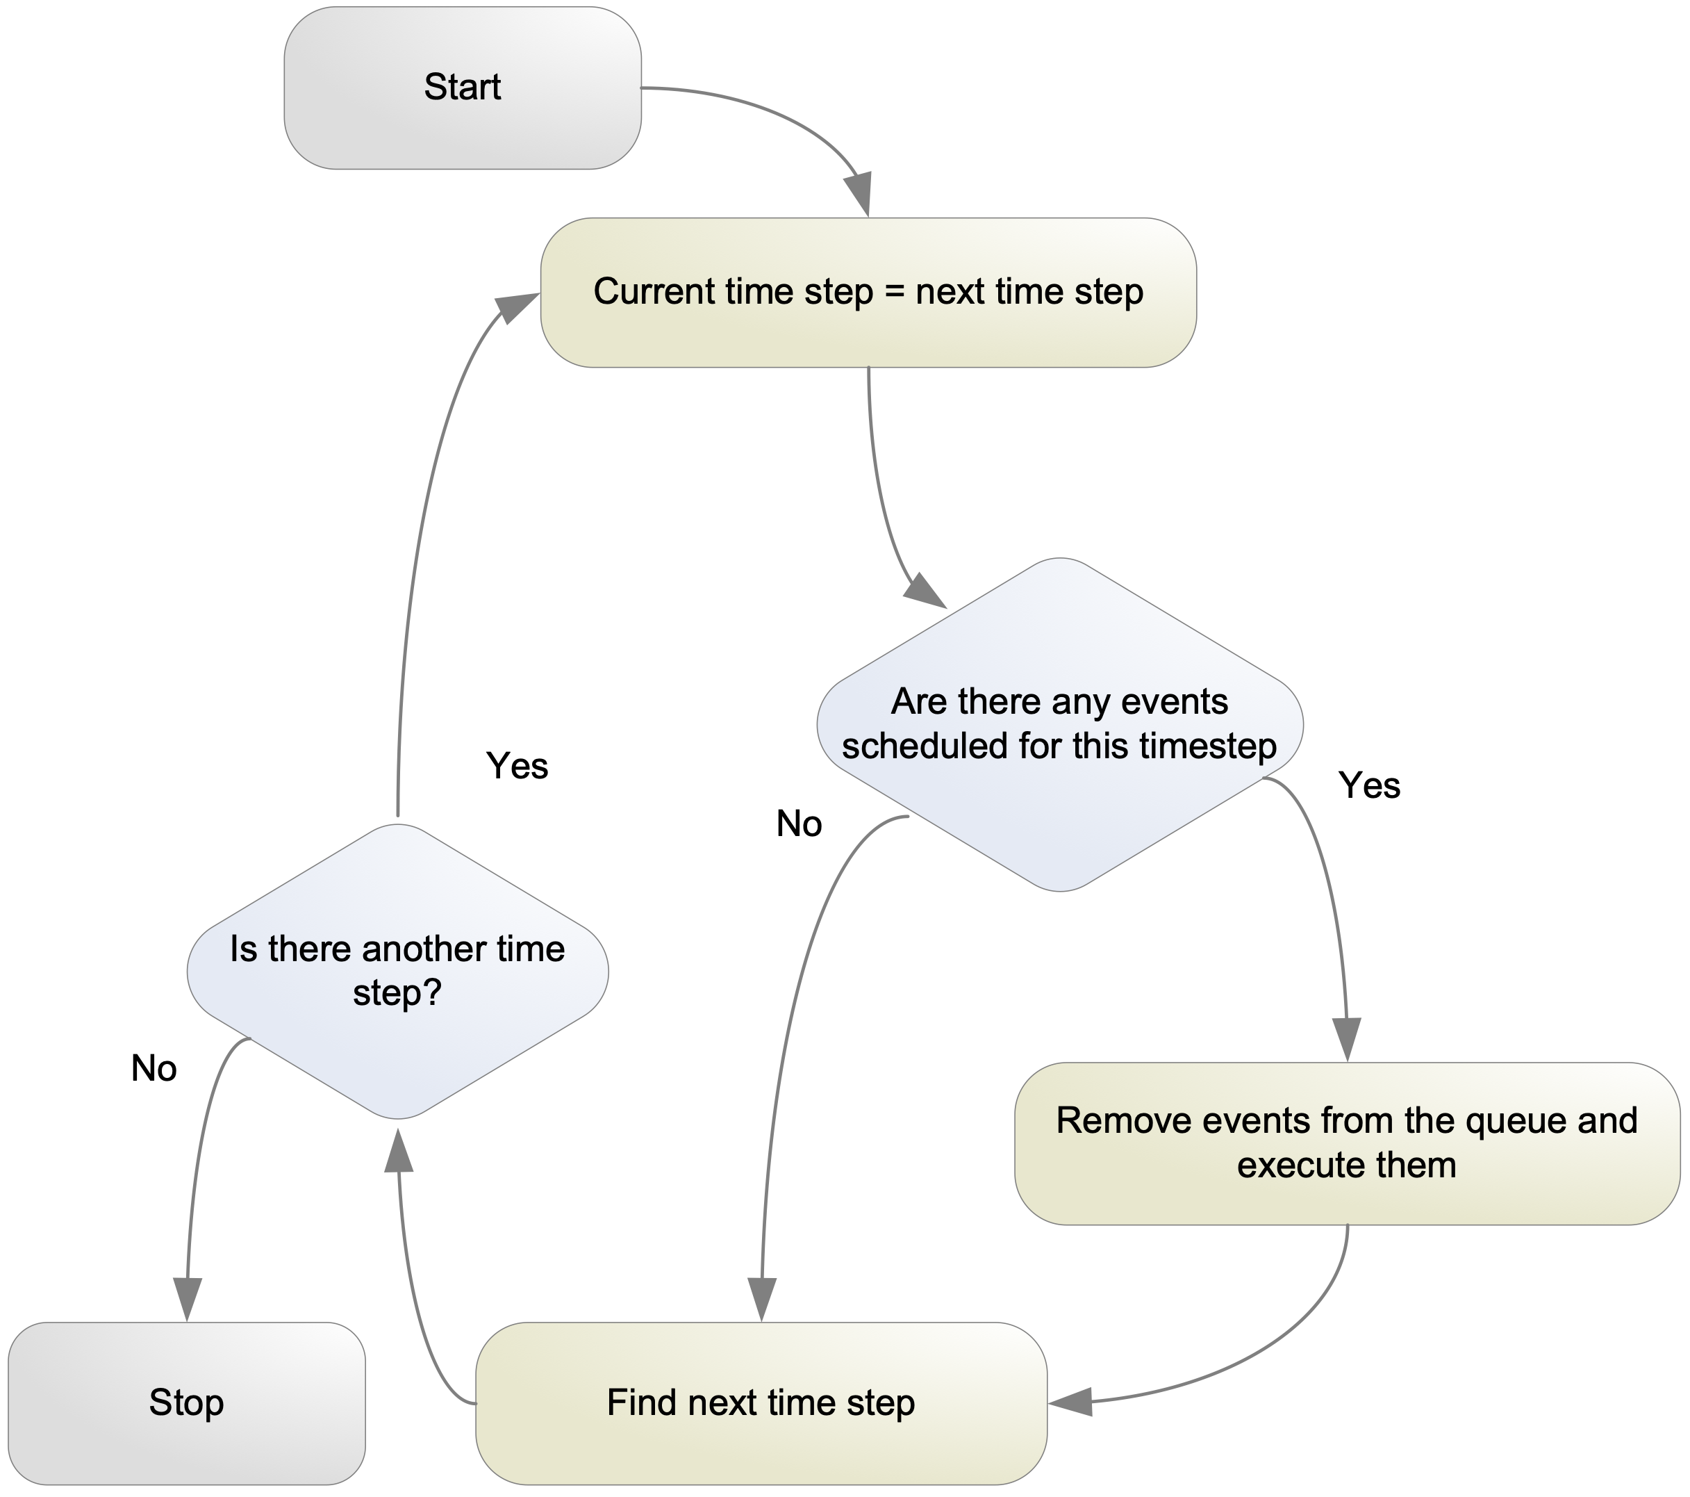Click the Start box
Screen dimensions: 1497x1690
coord(462,88)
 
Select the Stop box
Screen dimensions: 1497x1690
coord(186,1402)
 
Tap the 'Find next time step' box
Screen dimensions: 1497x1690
coord(761,1402)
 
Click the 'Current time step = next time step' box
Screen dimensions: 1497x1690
coord(868,292)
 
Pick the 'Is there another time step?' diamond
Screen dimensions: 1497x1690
coord(398,971)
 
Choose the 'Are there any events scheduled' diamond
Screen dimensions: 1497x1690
coord(1060,724)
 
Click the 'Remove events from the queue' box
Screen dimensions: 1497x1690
coord(1346,1143)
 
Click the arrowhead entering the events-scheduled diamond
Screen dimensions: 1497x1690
coord(925,591)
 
